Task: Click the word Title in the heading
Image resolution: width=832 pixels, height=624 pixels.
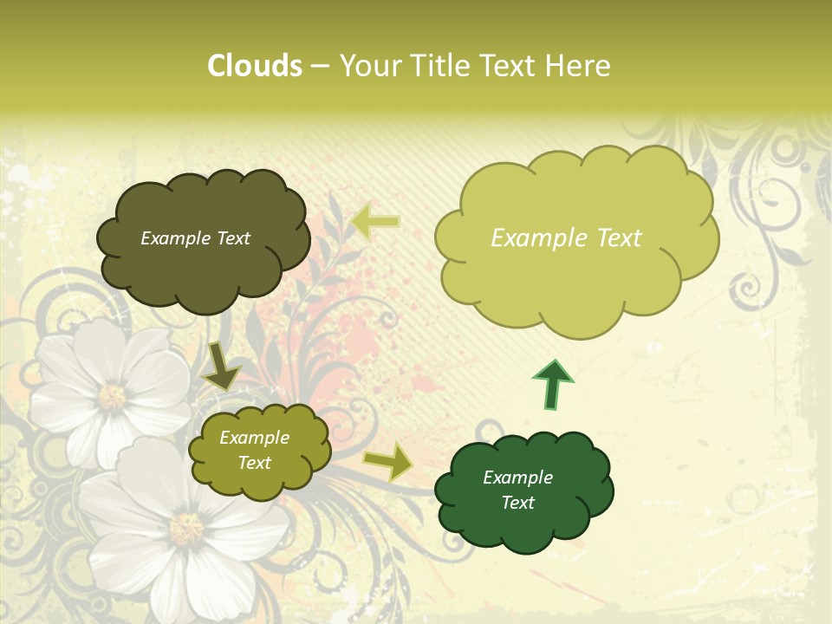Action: (439, 66)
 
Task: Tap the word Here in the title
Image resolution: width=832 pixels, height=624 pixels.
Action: (578, 66)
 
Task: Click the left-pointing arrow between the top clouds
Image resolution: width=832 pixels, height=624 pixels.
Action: (376, 221)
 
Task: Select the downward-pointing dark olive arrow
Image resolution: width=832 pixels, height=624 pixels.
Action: (221, 366)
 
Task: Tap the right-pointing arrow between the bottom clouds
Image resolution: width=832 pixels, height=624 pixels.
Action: (388, 461)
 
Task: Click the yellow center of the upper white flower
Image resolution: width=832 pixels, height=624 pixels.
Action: (112, 396)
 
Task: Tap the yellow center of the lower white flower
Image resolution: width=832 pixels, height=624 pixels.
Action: (185, 527)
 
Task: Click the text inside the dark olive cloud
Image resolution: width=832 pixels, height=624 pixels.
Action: (195, 238)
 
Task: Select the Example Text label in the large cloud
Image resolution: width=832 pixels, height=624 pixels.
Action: (566, 238)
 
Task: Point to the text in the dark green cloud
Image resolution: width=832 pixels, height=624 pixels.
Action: (517, 490)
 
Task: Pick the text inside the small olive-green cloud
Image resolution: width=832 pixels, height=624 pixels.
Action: (254, 451)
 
